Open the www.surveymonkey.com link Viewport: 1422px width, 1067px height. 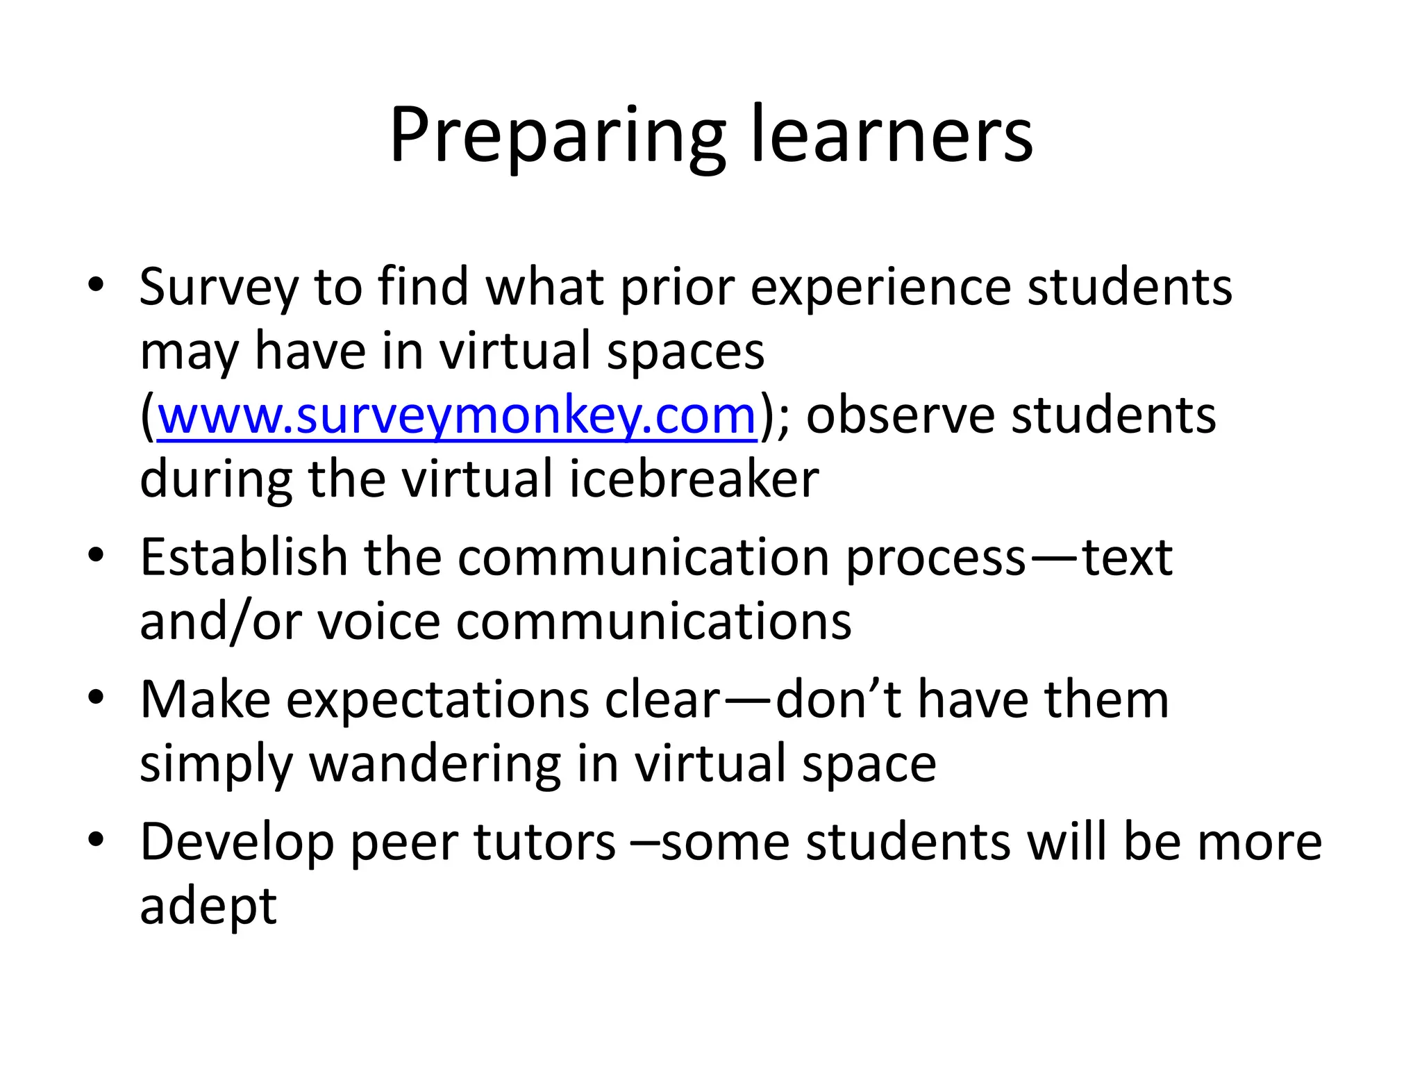(457, 415)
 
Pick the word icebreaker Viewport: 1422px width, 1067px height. (694, 479)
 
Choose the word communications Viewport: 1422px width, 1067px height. (653, 621)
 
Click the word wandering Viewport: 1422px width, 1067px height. (435, 764)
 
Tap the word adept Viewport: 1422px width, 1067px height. (208, 906)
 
